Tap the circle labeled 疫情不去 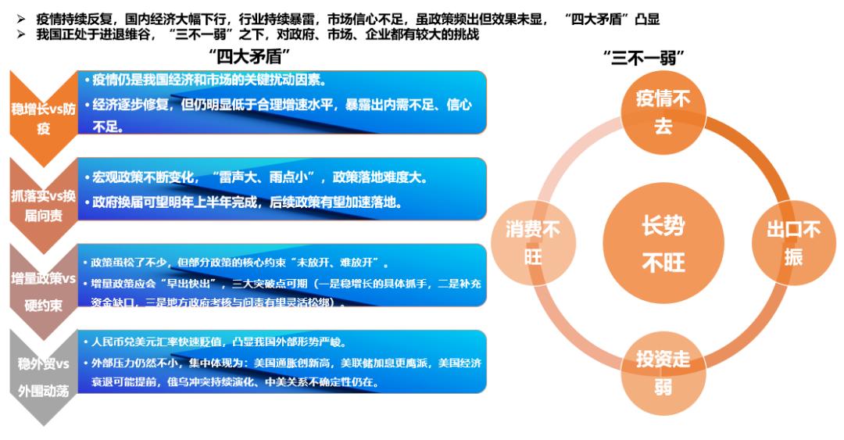662,112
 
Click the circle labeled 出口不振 792,242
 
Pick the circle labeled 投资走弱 662,372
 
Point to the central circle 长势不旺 663,244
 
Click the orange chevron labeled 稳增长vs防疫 43,117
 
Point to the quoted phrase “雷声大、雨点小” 262,177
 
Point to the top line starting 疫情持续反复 344,18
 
